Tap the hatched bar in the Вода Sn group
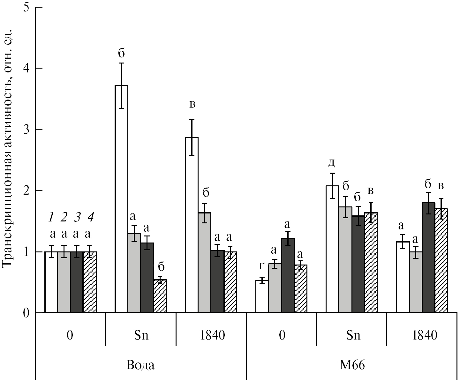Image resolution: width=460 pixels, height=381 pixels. pos(160,296)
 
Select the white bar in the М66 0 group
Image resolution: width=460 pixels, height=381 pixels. pos(262,296)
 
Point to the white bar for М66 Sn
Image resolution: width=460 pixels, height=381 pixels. pos(332,249)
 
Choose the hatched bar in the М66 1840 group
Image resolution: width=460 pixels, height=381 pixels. pos(441,260)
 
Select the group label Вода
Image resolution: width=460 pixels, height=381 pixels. pos(140,365)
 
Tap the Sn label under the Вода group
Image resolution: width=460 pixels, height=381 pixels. pos(140,336)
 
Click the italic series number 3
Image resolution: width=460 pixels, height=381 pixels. pos(77,218)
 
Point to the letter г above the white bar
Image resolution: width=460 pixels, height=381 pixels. pos(262,266)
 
